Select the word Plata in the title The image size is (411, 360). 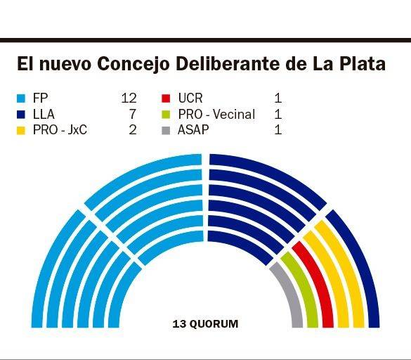(x=360, y=65)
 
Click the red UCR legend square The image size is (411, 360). (x=166, y=98)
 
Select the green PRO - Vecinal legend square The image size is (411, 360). (x=166, y=114)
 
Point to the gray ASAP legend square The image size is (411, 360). (x=166, y=130)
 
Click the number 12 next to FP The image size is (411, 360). (x=129, y=98)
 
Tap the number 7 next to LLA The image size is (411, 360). (x=132, y=114)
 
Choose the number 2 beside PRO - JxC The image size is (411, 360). (x=132, y=130)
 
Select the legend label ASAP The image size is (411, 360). (x=194, y=130)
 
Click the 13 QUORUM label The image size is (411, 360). (x=205, y=324)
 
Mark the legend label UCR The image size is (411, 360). (x=190, y=98)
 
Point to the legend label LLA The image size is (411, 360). (x=44, y=114)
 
